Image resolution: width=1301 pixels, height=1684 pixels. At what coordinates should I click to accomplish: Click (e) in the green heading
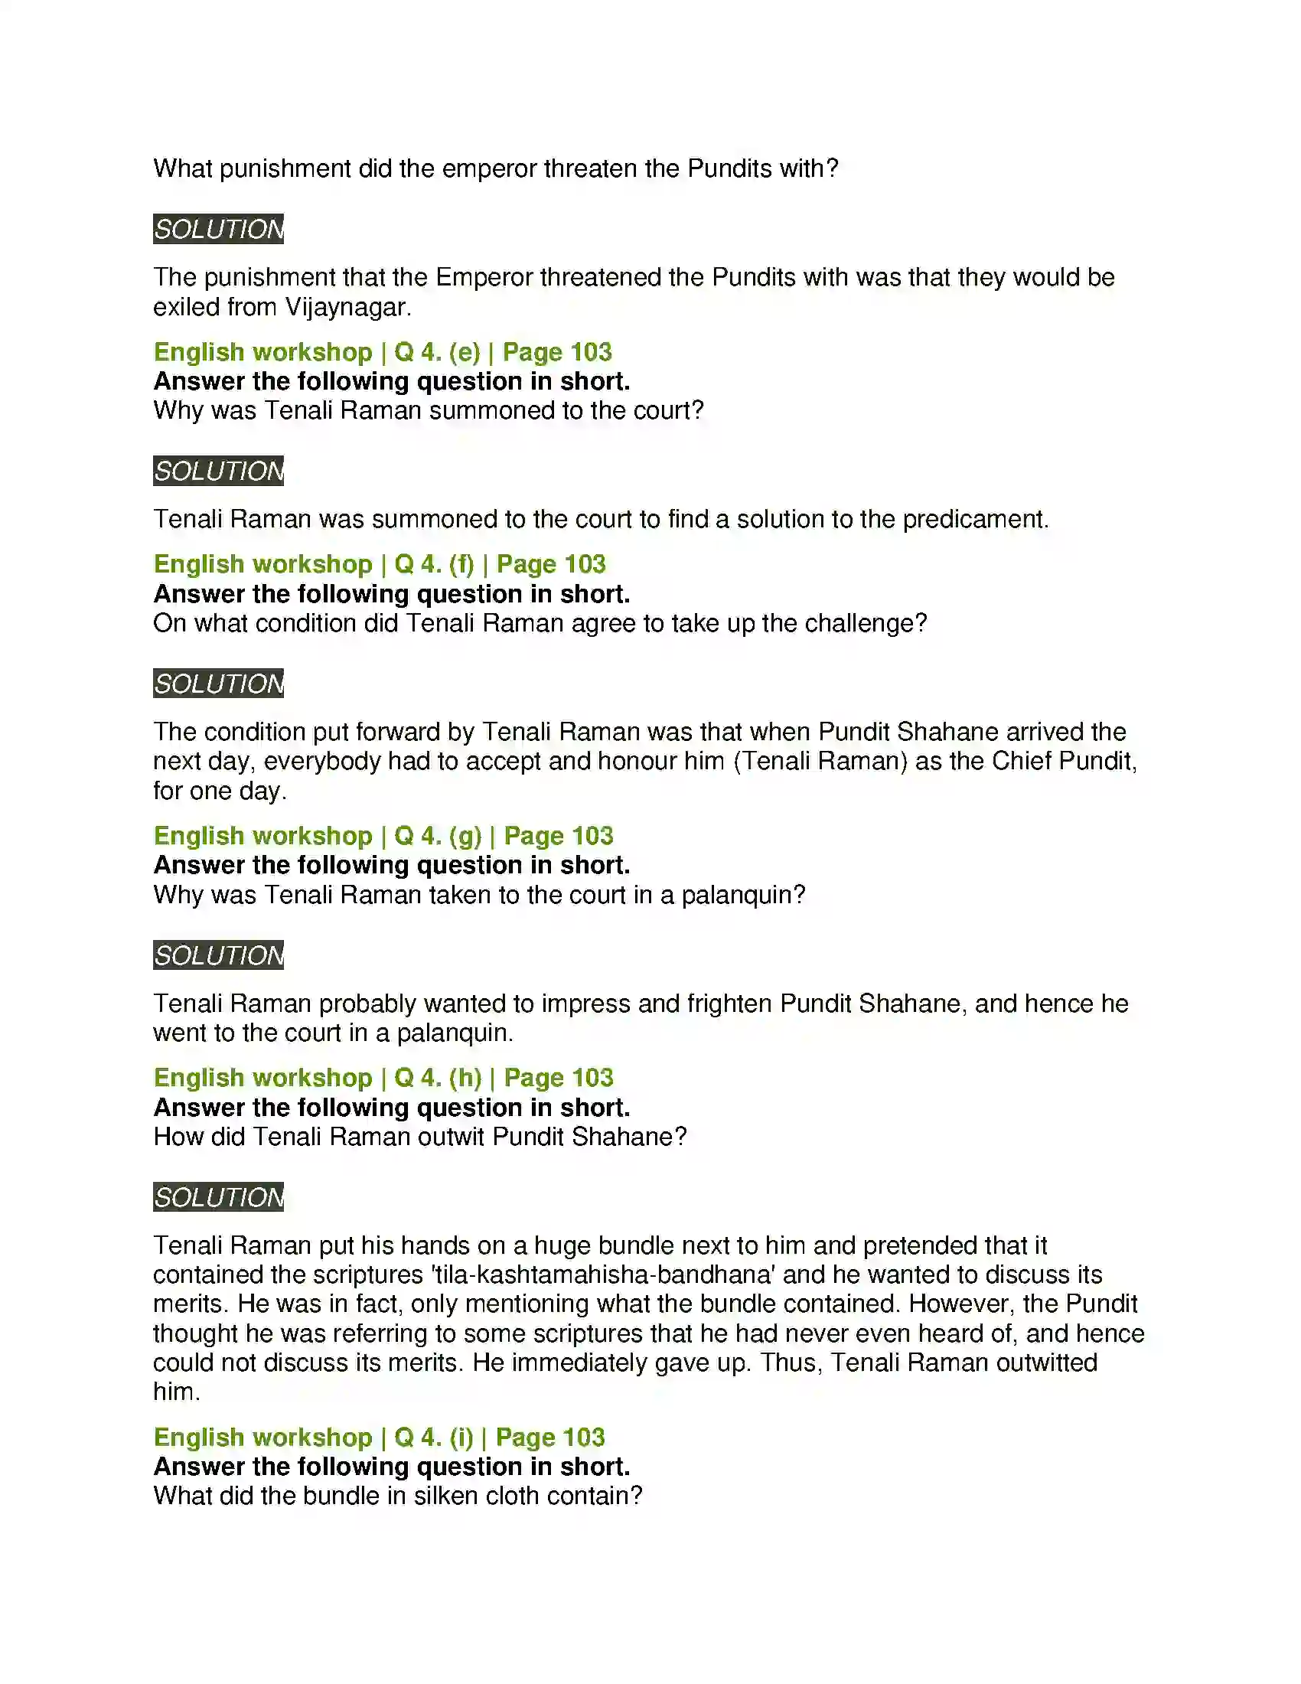coord(464,351)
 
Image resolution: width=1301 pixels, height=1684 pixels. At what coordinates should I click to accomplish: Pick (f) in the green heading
coord(461,563)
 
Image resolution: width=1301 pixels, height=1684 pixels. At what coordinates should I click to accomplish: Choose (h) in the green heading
coord(465,1077)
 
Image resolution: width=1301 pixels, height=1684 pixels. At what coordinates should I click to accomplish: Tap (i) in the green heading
coord(461,1438)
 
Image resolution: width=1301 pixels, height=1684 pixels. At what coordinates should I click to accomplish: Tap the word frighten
coord(729,1004)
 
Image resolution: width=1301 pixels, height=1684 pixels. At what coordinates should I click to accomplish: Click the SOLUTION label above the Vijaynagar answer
coord(218,229)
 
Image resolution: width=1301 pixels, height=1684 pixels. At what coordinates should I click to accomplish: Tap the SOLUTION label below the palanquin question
coord(218,955)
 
